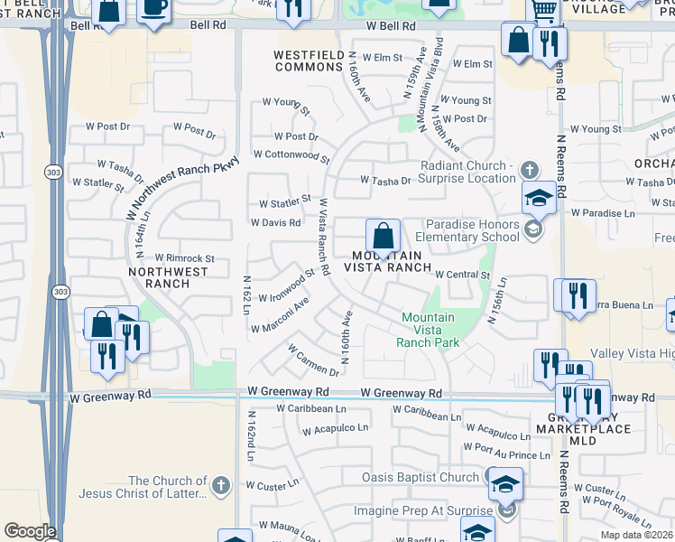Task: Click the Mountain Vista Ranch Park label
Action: [428, 330]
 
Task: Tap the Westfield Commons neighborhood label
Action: [310, 61]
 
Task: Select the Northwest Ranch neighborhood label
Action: [159, 277]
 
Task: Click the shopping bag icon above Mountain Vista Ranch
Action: [383, 236]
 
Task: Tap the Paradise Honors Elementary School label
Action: [473, 230]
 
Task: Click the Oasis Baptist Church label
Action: [420, 477]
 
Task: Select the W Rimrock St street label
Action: [184, 258]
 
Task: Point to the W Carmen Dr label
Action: [312, 360]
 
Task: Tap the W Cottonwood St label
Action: [291, 155]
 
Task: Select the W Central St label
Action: [461, 275]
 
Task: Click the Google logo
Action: [30, 531]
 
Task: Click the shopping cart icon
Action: [542, 10]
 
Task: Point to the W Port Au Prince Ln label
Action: [506, 449]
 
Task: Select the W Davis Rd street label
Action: [275, 222]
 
